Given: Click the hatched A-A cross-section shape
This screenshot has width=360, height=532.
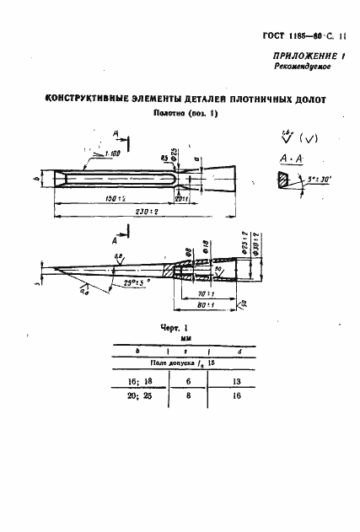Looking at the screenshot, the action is (x=280, y=180).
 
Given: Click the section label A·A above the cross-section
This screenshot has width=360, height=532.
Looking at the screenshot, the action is (x=283, y=159).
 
